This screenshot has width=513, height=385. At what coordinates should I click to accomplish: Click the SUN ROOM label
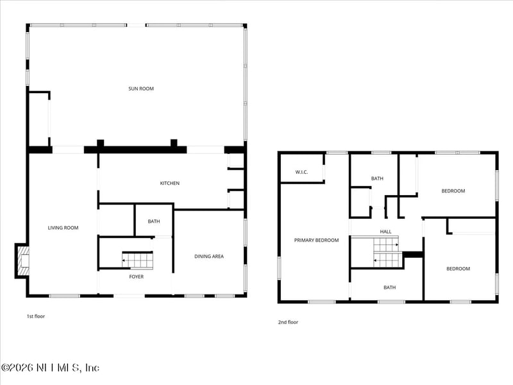(141, 89)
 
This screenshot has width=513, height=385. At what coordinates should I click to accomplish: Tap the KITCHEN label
(170, 184)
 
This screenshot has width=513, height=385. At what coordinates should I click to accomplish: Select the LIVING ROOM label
(63, 227)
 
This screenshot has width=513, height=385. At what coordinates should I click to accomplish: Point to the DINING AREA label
(209, 257)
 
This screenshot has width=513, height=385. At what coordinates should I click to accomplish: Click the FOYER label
(137, 277)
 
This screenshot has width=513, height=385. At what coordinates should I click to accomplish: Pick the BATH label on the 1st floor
(154, 221)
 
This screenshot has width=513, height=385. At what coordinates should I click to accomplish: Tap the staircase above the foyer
(138, 260)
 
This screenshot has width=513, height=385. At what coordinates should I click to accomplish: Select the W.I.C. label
(303, 172)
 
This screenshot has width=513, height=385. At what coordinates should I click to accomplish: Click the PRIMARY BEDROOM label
(316, 240)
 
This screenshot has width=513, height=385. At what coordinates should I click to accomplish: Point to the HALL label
(385, 232)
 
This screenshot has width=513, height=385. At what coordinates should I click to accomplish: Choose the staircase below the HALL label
(386, 252)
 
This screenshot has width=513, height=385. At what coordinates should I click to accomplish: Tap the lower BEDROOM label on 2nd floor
(458, 269)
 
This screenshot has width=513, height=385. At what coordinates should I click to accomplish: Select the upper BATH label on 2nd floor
(376, 178)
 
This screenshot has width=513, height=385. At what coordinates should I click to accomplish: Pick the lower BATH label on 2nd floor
(390, 287)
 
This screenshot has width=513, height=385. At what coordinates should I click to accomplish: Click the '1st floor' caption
(35, 316)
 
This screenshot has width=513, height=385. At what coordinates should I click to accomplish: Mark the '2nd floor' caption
(288, 322)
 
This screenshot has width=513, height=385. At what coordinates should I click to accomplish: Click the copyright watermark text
(50, 368)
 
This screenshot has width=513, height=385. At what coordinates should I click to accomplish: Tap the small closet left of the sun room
(38, 119)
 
